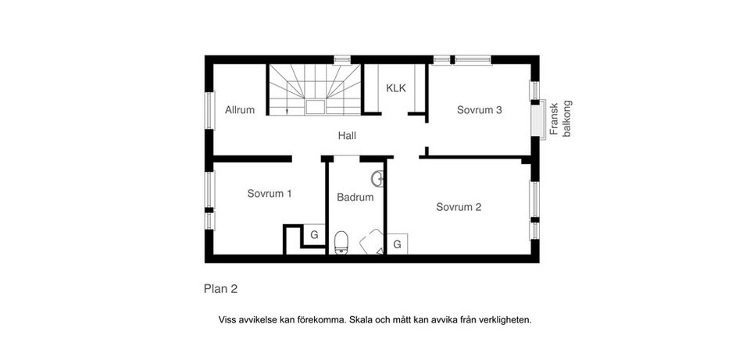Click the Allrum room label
click(240, 110)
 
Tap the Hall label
click(347, 135)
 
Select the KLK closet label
click(396, 88)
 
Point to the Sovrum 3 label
click(479, 110)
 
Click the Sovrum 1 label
click(270, 193)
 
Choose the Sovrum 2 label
click(459, 207)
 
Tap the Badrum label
click(355, 198)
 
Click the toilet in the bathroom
click(341, 243)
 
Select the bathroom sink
click(377, 178)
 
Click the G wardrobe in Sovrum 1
click(314, 234)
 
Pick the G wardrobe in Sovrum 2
click(397, 244)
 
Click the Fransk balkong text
click(560, 119)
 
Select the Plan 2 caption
click(220, 289)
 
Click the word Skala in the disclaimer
click(362, 319)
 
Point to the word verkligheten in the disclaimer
click(505, 319)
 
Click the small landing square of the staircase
click(316, 107)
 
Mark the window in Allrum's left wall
click(209, 110)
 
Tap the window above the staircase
click(341, 59)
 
